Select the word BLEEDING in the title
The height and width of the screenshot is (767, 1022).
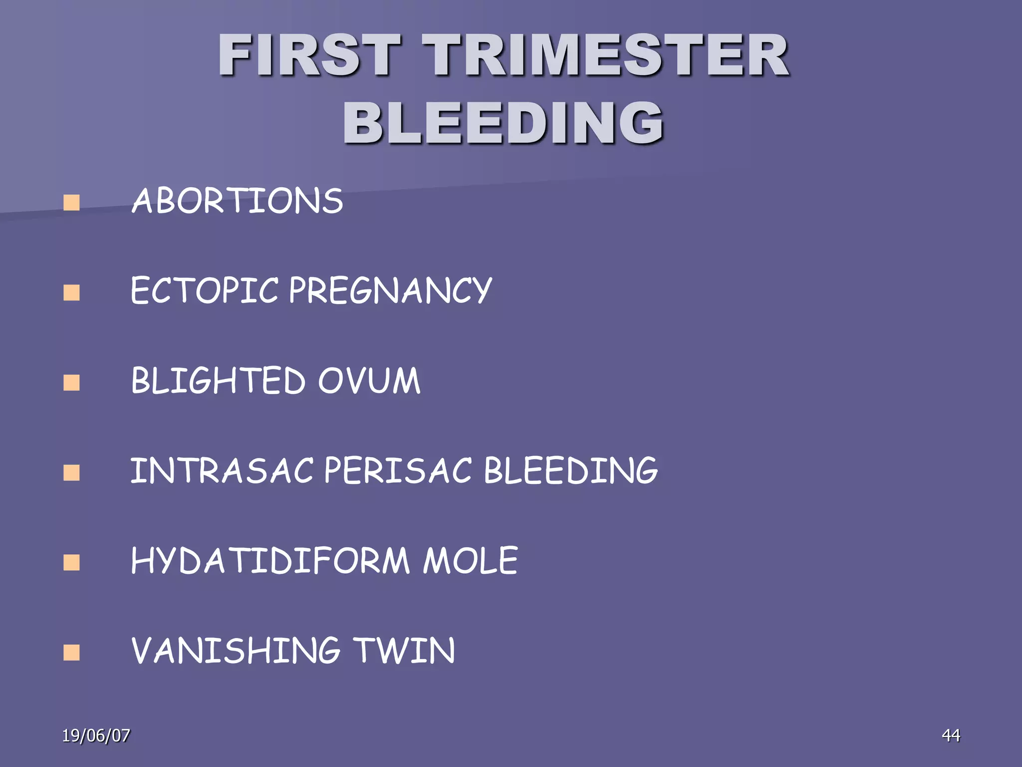point(503,122)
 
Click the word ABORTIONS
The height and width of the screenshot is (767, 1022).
point(238,201)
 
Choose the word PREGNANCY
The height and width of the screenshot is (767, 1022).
point(391,291)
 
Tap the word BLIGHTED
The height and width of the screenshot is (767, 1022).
point(218,381)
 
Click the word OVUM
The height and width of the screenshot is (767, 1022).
point(369,381)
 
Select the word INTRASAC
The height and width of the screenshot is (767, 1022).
point(222,470)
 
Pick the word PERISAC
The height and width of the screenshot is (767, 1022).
point(398,470)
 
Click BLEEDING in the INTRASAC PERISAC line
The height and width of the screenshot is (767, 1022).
point(571,470)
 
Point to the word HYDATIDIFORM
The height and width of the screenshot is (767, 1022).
point(270,561)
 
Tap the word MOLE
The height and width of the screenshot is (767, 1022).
point(471,561)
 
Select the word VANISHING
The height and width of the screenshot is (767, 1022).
point(236,651)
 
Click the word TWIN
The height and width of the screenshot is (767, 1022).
point(404,651)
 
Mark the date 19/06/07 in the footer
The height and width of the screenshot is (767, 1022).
point(96,736)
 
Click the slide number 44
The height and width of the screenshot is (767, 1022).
point(951,735)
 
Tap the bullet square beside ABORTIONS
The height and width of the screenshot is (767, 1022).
point(72,203)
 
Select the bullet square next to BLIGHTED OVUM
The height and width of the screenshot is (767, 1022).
point(72,383)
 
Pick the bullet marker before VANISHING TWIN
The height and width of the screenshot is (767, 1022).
point(72,653)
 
